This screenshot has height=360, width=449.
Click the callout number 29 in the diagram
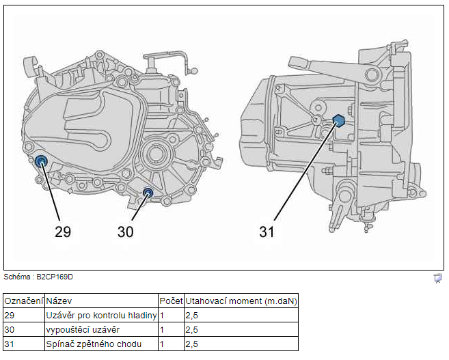pyautogui.click(x=63, y=232)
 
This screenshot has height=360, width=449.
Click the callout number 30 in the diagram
pyautogui.click(x=126, y=232)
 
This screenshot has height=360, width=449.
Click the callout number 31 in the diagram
pyautogui.click(x=267, y=232)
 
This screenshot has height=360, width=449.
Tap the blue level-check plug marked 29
pyautogui.click(x=41, y=162)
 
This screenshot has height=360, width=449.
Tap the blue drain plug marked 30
pyautogui.click(x=148, y=192)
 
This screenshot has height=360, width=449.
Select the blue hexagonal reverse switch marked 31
pyautogui.click(x=338, y=121)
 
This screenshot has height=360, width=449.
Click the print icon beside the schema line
pyautogui.click(x=437, y=278)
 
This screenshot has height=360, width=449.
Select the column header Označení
pyautogui.click(x=24, y=301)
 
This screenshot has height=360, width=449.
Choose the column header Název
pyautogui.click(x=59, y=301)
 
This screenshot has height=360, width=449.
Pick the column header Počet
pyautogui.click(x=171, y=301)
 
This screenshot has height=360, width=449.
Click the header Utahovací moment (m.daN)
pyautogui.click(x=241, y=301)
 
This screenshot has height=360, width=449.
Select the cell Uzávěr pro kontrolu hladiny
pyautogui.click(x=101, y=316)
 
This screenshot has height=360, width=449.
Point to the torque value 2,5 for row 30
pyautogui.click(x=191, y=330)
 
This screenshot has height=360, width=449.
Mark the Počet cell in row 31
pyautogui.click(x=162, y=344)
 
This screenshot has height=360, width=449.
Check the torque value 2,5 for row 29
pyautogui.click(x=191, y=316)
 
